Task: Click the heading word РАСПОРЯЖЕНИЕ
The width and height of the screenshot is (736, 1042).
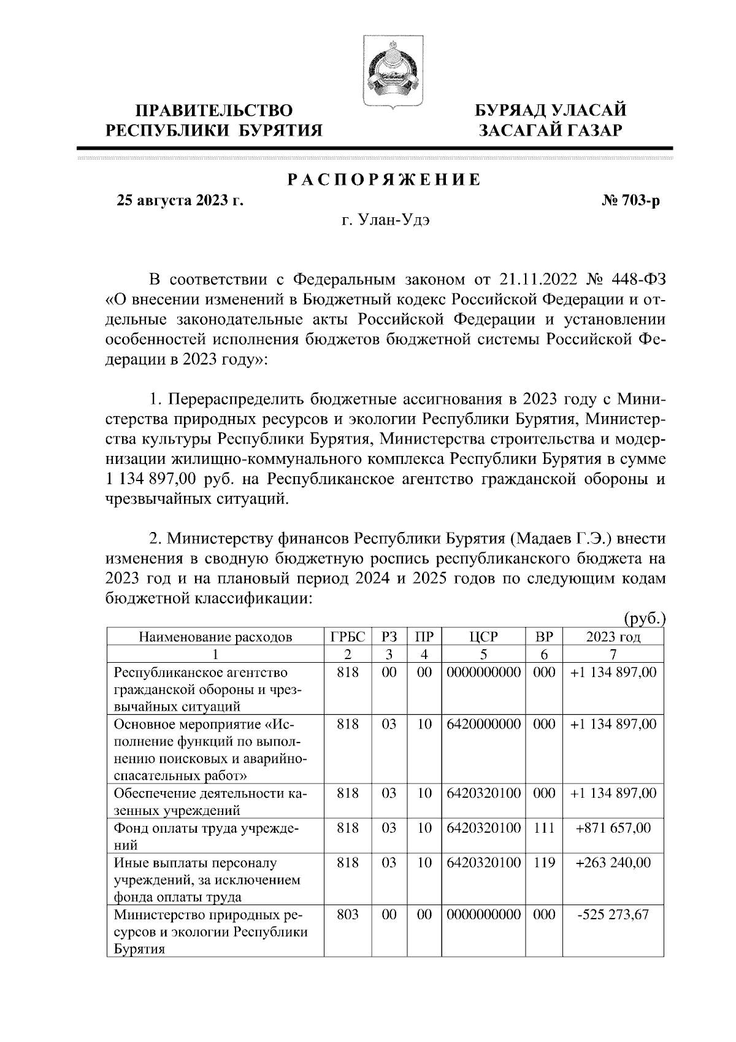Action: pos(384,180)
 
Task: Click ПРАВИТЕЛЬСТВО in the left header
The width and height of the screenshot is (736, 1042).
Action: pos(214,110)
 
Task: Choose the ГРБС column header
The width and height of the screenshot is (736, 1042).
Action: pos(348,636)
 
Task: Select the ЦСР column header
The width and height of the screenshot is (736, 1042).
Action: pos(482,636)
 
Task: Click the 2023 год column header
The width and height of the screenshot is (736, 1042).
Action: pos(613,636)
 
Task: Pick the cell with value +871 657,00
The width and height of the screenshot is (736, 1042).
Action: pos(613,828)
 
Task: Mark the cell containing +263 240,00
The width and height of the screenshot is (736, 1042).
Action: pos(613,862)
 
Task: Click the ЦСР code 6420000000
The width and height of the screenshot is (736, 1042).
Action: pos(482,724)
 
